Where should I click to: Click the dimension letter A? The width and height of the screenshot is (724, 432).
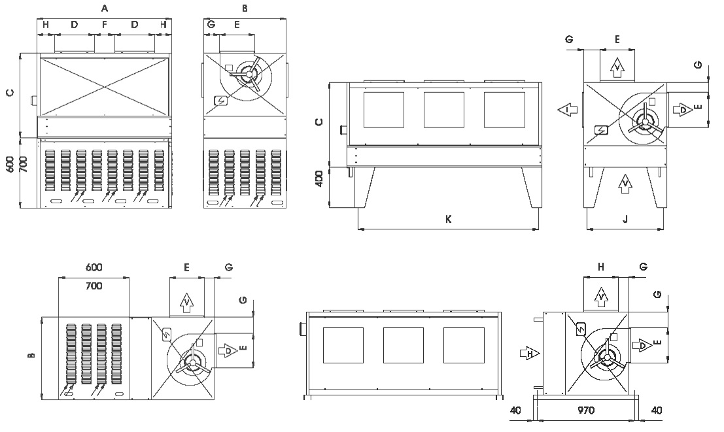coord(105,8)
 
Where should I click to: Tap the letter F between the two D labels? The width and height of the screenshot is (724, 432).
coord(105,25)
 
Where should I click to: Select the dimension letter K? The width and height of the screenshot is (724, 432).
coord(449,220)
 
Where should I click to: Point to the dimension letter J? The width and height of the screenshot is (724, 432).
coord(625,220)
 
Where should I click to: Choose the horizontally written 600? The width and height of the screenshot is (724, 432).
coord(94,268)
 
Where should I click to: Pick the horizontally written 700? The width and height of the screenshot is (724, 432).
coord(94,286)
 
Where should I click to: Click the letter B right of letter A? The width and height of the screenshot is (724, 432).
coord(245,8)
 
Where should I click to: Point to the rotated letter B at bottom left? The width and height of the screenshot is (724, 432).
coord(30,356)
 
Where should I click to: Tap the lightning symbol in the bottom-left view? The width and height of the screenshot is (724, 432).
coord(165,334)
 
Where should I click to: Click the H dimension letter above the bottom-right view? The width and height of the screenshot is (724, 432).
coord(601,267)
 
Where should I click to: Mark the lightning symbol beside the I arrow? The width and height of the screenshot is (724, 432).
coord(600,129)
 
